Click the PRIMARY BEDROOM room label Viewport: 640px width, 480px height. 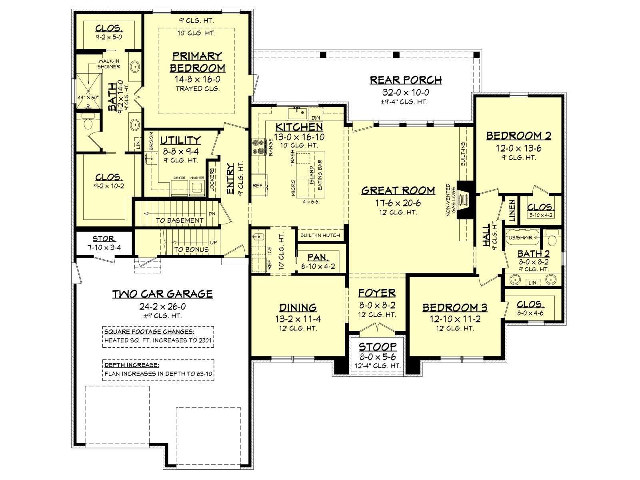click(x=197, y=62)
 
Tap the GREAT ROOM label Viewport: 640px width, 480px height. click(x=398, y=191)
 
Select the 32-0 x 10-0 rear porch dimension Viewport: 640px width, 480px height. click(x=406, y=92)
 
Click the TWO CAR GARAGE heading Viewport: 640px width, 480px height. click(x=163, y=294)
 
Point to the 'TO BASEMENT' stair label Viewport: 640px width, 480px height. click(x=180, y=221)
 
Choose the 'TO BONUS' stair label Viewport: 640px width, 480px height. click(x=191, y=250)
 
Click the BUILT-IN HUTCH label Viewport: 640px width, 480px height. click(x=320, y=235)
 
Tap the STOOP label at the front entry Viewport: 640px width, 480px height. click(x=378, y=347)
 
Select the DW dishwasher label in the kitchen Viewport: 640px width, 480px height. click(x=316, y=118)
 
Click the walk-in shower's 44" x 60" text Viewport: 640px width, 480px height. click(x=88, y=98)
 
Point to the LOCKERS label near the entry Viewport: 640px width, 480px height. click(x=212, y=180)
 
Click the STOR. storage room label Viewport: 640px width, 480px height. click(x=104, y=239)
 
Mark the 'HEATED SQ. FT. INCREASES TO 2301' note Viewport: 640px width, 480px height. click(x=158, y=340)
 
